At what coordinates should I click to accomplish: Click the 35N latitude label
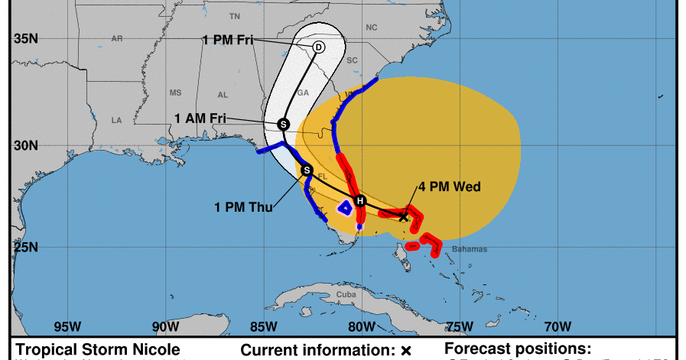[x=25, y=38]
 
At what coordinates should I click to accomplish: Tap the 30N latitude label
[x=25, y=144]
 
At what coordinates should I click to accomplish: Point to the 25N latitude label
[x=25, y=247]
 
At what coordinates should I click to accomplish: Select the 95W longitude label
[x=68, y=326]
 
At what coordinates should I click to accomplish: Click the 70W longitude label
[x=557, y=326]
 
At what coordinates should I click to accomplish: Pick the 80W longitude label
[x=361, y=326]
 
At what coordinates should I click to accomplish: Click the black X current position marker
[x=404, y=216]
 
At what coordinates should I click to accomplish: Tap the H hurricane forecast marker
[x=360, y=202]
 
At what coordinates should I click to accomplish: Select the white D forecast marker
[x=318, y=47]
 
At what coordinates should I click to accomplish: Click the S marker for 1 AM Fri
[x=283, y=124]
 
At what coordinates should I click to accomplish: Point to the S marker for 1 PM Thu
[x=307, y=170]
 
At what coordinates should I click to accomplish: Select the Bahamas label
[x=469, y=250]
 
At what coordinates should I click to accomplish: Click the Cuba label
[x=348, y=294]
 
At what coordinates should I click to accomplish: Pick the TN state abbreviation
[x=235, y=15]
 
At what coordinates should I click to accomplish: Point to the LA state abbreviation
[x=117, y=120]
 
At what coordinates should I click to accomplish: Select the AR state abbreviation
[x=117, y=37]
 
